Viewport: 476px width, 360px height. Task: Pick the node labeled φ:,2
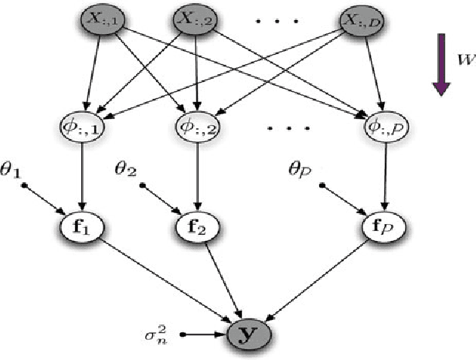point(199,125)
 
